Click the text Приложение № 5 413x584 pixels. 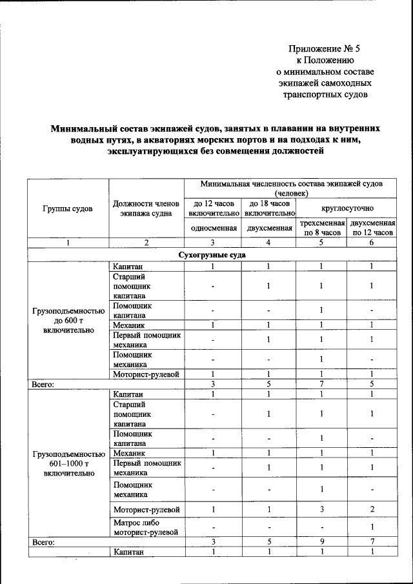[x=321, y=48]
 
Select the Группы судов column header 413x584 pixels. [x=68, y=208]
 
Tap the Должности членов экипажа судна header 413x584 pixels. [x=146, y=208]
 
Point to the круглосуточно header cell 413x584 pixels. [x=347, y=208]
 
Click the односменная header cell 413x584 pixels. [x=212, y=228]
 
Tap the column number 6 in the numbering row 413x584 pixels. [x=371, y=243]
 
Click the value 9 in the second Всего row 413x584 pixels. [x=321, y=543]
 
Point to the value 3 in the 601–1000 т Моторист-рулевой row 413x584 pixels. [x=321, y=509]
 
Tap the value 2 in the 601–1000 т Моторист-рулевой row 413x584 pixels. [x=371, y=509]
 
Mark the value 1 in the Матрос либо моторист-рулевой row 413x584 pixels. [x=371, y=527]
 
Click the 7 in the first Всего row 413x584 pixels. [x=321, y=384]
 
